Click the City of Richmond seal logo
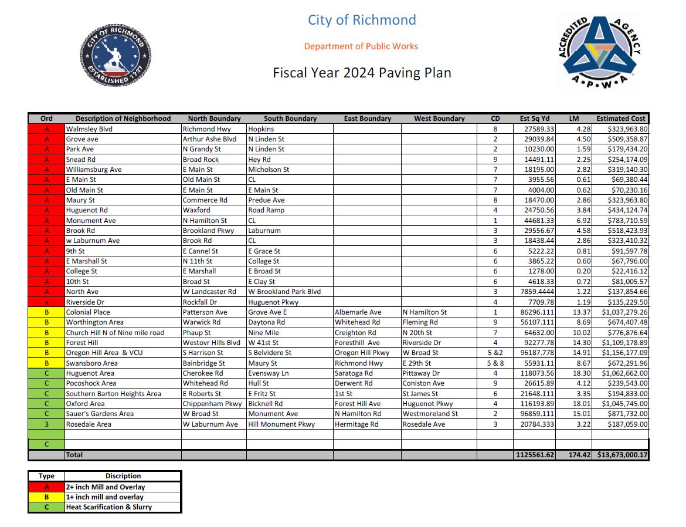(116, 55)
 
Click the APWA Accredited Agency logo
(599, 52)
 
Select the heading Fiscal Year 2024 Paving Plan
(362, 73)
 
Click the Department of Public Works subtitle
(361, 46)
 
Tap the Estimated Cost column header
(622, 119)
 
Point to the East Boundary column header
(367, 119)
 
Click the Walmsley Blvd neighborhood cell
(89, 129)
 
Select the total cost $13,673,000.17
(622, 455)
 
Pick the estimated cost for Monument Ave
(627, 221)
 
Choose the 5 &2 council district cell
(495, 353)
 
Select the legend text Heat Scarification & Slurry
(109, 507)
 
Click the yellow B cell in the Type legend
(46, 497)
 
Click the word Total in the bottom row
(74, 455)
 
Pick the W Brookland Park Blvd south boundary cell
(284, 292)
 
